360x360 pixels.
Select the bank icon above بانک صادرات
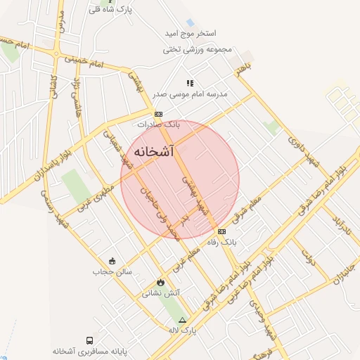(x=159, y=113)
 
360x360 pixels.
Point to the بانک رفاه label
(x=222, y=242)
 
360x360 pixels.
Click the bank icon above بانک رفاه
(x=222, y=231)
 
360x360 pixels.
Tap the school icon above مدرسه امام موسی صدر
(x=190, y=83)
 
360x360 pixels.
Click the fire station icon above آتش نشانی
(x=161, y=282)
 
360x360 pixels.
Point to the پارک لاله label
(x=182, y=329)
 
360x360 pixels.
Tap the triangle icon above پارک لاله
(x=183, y=319)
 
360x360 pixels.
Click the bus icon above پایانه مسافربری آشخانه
(x=89, y=340)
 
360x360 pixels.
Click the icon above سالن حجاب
(x=111, y=260)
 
